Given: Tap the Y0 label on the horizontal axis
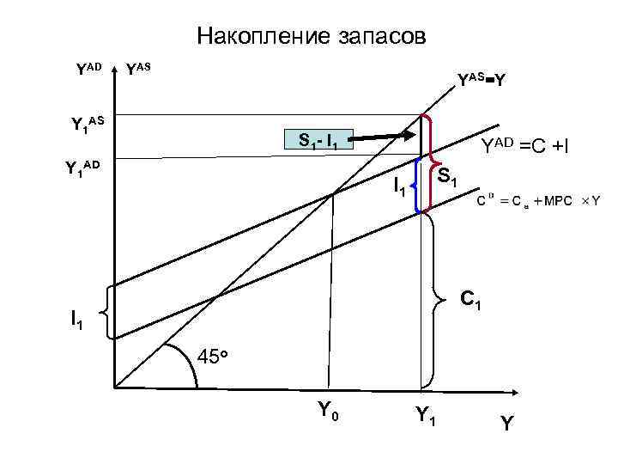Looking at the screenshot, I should pyautogui.click(x=327, y=412).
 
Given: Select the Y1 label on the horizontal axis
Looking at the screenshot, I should pyautogui.click(x=424, y=414).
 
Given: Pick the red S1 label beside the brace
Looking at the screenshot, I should pyautogui.click(x=447, y=179).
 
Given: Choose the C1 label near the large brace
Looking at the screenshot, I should pyautogui.click(x=470, y=300).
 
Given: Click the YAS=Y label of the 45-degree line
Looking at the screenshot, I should pyautogui.click(x=481, y=81).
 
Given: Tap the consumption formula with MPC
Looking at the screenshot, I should pyautogui.click(x=539, y=200).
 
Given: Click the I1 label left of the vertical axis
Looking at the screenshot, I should pyautogui.click(x=78, y=321).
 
